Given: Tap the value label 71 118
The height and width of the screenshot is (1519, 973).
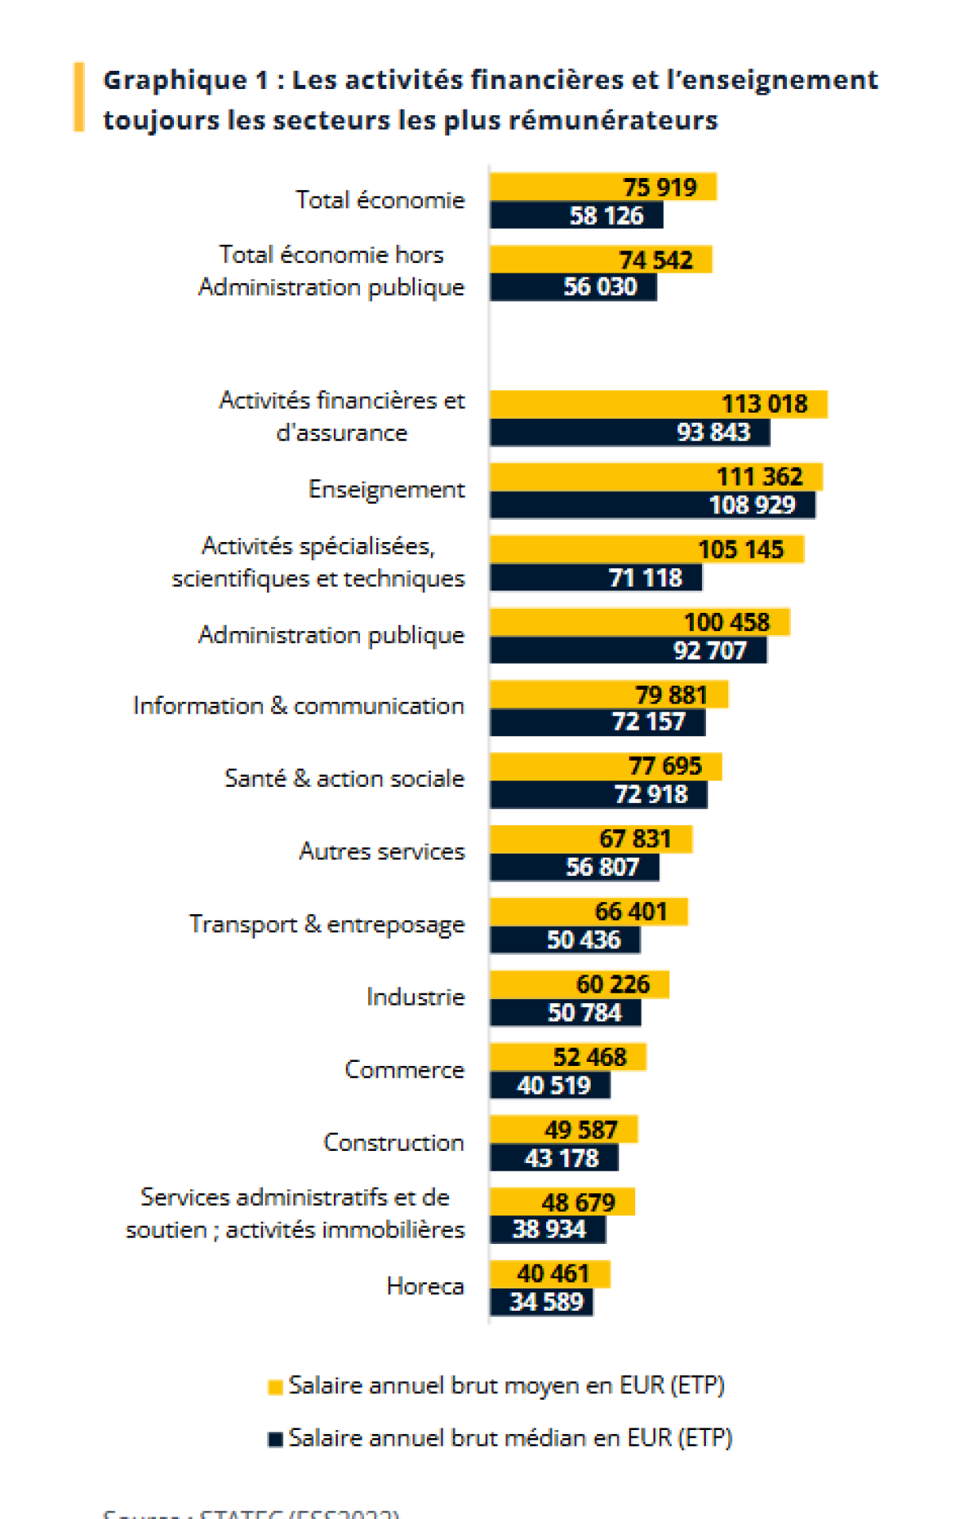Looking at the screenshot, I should click(645, 578).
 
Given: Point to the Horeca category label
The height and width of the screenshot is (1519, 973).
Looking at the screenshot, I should click(425, 1286).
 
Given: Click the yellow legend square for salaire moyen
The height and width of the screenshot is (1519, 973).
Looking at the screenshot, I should click(275, 1387).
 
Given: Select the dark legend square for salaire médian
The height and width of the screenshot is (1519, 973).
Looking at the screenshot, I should click(275, 1440).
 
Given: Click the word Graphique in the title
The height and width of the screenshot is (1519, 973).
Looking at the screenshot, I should click(175, 79).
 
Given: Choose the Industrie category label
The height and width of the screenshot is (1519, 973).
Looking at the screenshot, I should click(415, 997).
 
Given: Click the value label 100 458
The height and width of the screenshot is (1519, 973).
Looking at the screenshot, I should click(727, 622).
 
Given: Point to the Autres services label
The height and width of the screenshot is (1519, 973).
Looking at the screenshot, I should click(382, 851).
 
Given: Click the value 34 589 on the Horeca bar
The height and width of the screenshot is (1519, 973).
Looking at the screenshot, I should click(546, 1302).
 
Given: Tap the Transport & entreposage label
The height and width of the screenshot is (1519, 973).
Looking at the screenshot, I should click(327, 924).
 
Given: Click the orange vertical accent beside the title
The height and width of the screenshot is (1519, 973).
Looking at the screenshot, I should click(79, 97).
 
